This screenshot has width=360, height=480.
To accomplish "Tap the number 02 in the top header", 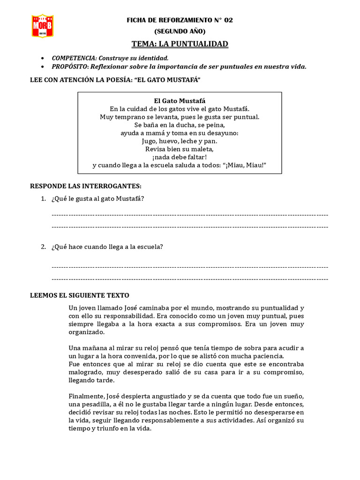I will click(228, 20).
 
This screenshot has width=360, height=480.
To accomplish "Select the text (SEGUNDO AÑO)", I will click(180, 31).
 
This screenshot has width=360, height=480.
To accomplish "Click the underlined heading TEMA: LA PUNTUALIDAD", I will click(180, 44).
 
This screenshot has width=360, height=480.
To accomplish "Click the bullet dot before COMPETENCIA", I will click(43, 58).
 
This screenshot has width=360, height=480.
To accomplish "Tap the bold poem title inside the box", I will click(180, 101).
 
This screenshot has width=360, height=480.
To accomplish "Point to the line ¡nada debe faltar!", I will click(180, 157).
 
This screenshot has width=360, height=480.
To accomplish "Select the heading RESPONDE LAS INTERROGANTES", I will click(85, 186).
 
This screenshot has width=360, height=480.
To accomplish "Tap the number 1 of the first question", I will click(43, 199).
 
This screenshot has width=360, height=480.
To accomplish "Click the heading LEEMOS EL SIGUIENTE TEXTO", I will click(79, 295).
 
